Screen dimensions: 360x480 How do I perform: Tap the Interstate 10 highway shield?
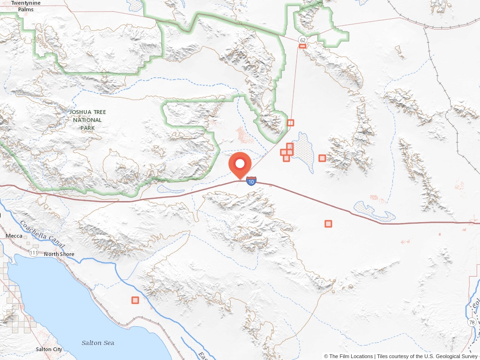[251, 181]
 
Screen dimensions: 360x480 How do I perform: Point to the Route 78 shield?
[471, 322]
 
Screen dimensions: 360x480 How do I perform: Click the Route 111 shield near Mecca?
[33, 253]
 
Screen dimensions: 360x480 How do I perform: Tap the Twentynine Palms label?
[26, 6]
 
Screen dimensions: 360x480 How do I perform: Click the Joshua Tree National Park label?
[87, 120]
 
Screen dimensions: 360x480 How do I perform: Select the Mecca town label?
[14, 236]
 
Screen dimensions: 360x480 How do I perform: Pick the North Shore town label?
[59, 254]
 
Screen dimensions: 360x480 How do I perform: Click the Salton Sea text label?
[97, 343]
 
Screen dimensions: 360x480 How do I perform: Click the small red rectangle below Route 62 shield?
[302, 46]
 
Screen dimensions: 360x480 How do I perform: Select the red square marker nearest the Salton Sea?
[135, 300]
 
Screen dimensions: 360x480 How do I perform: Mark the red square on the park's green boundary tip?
[291, 123]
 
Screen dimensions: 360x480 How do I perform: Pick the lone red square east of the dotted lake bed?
[322, 158]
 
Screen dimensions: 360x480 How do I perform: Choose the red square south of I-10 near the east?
[328, 224]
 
